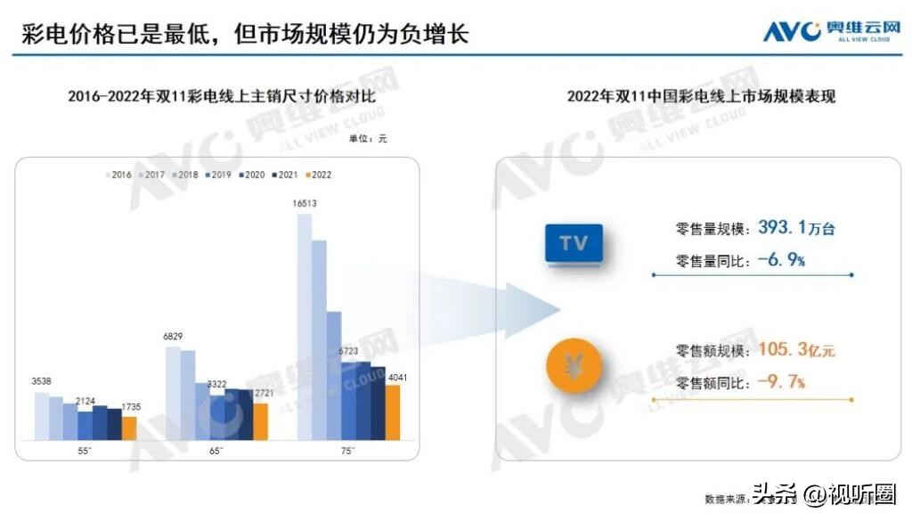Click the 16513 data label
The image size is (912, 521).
point(305,204)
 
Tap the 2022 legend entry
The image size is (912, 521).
point(318,175)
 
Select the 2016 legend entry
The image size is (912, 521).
point(118,175)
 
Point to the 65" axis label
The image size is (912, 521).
point(216,451)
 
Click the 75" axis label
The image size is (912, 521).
point(347,451)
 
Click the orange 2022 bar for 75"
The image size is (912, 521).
point(392,412)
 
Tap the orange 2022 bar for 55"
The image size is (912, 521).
point(129,427)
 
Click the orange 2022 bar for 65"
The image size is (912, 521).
point(260,421)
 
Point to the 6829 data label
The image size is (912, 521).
point(173,336)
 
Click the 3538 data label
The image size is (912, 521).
point(41,381)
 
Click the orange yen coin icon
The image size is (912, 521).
point(574,366)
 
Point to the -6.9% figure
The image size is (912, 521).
point(782,261)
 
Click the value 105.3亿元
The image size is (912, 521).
point(796,350)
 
